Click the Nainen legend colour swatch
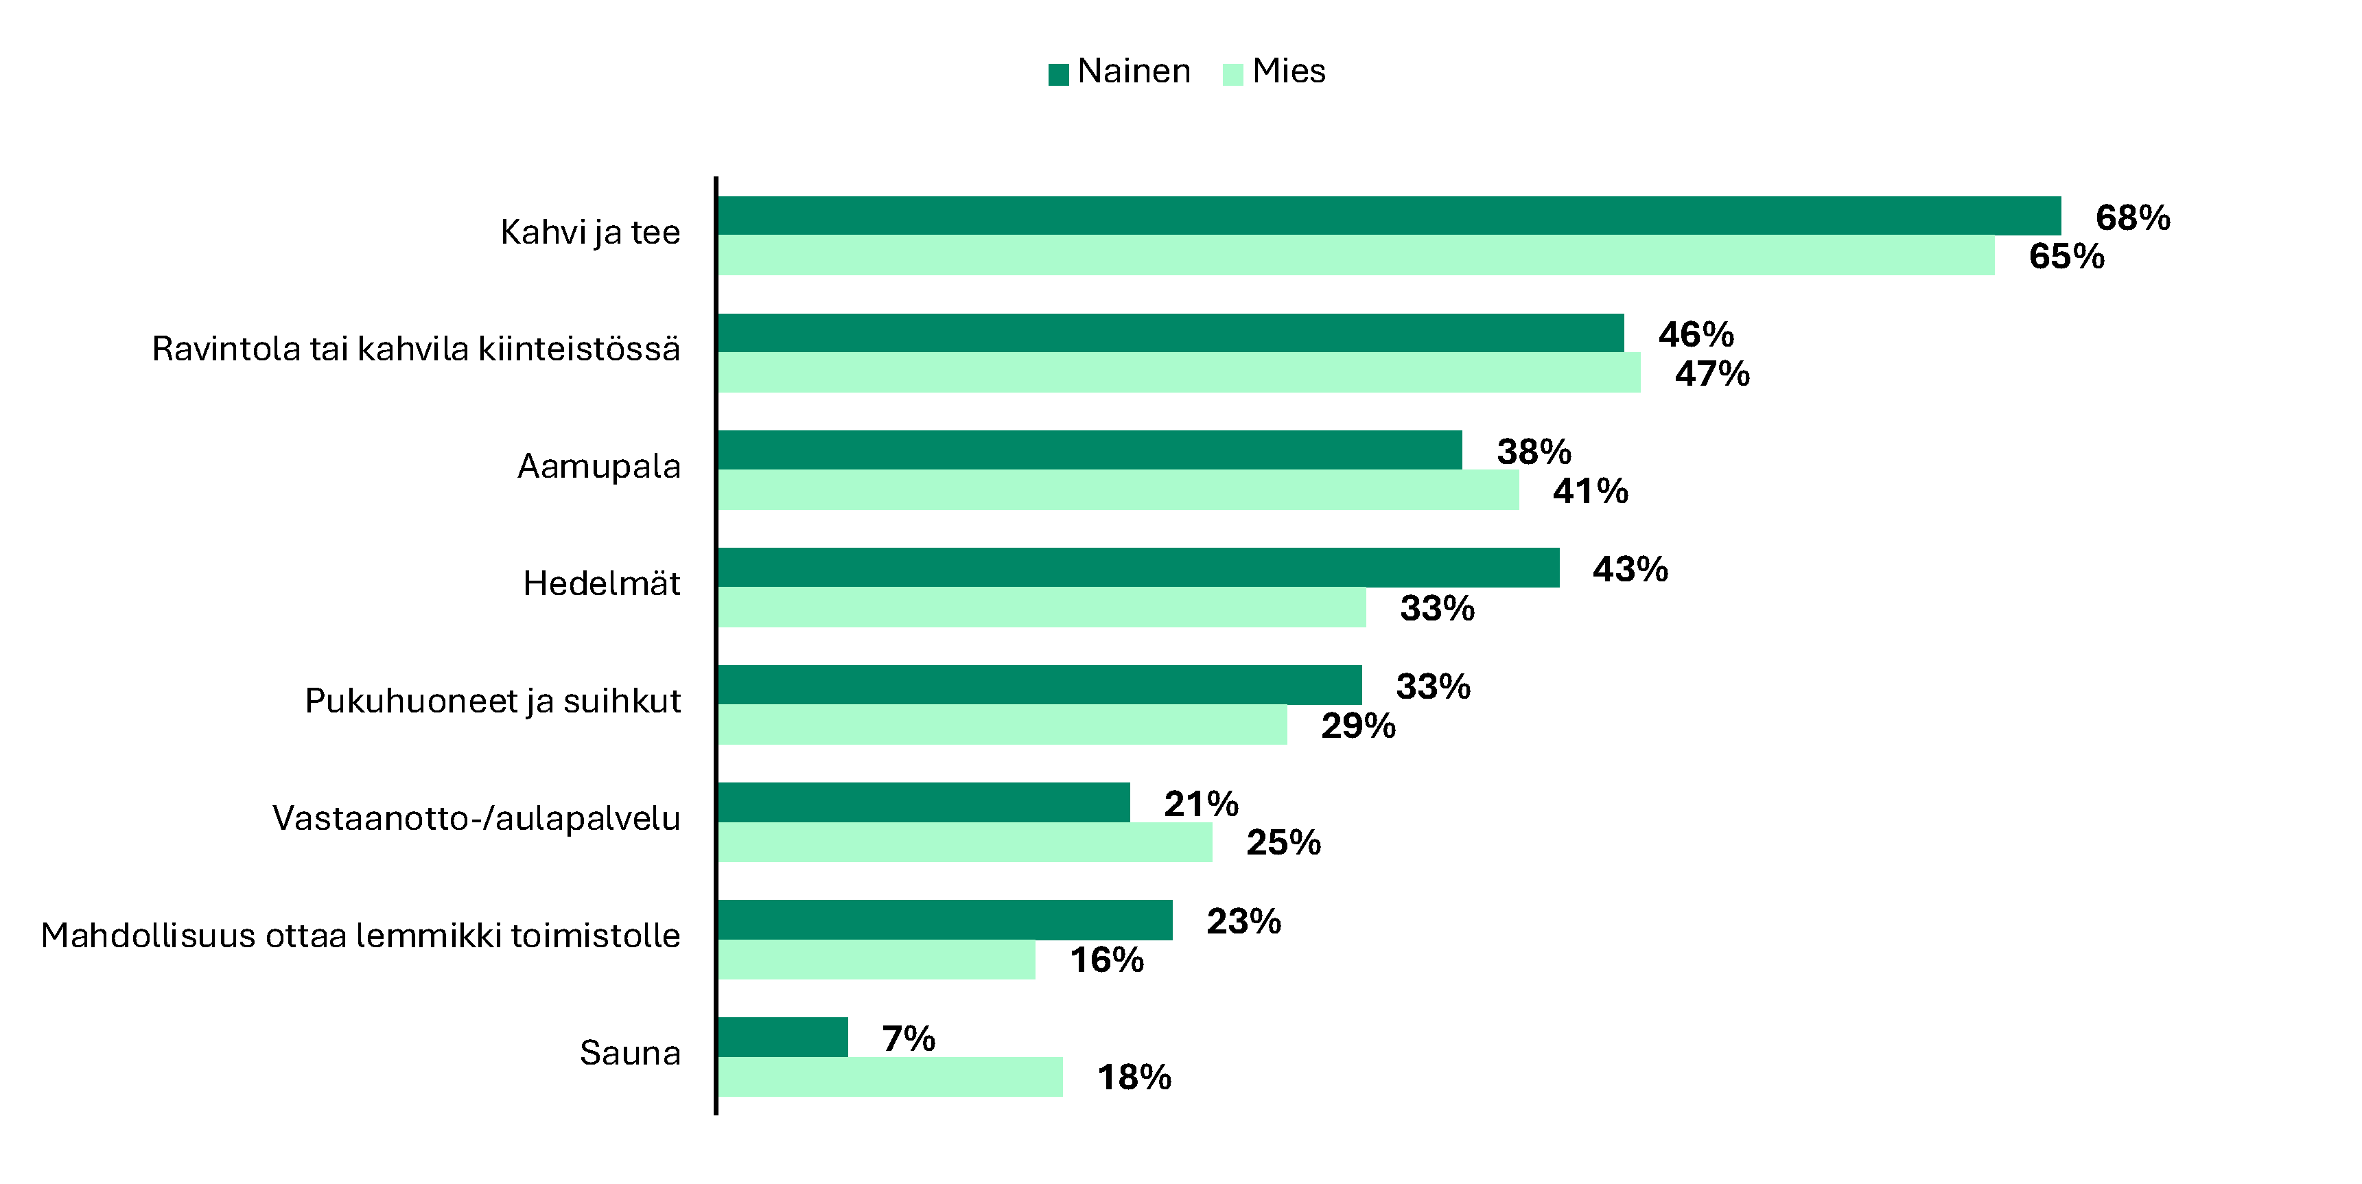coord(1058,74)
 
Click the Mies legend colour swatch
coord(1232,74)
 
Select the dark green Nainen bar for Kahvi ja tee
coord(1388,216)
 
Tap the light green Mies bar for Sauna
coord(889,1077)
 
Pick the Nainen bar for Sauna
coord(782,1037)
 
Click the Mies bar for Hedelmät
coord(1041,607)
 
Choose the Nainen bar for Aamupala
coord(1089,450)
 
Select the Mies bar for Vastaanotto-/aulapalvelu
coord(965,842)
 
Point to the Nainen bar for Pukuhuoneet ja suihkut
coord(1039,685)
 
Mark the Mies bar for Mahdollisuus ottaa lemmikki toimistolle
coord(876,960)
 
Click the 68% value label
coord(2133,218)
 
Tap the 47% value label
coord(1712,374)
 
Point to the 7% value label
coord(908,1039)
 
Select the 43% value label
coord(1629,570)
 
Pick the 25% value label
coord(1283,843)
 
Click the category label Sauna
coord(630,1053)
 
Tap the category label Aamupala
coord(599,467)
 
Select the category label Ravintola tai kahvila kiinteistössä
coord(415,349)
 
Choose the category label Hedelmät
coord(602,583)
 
